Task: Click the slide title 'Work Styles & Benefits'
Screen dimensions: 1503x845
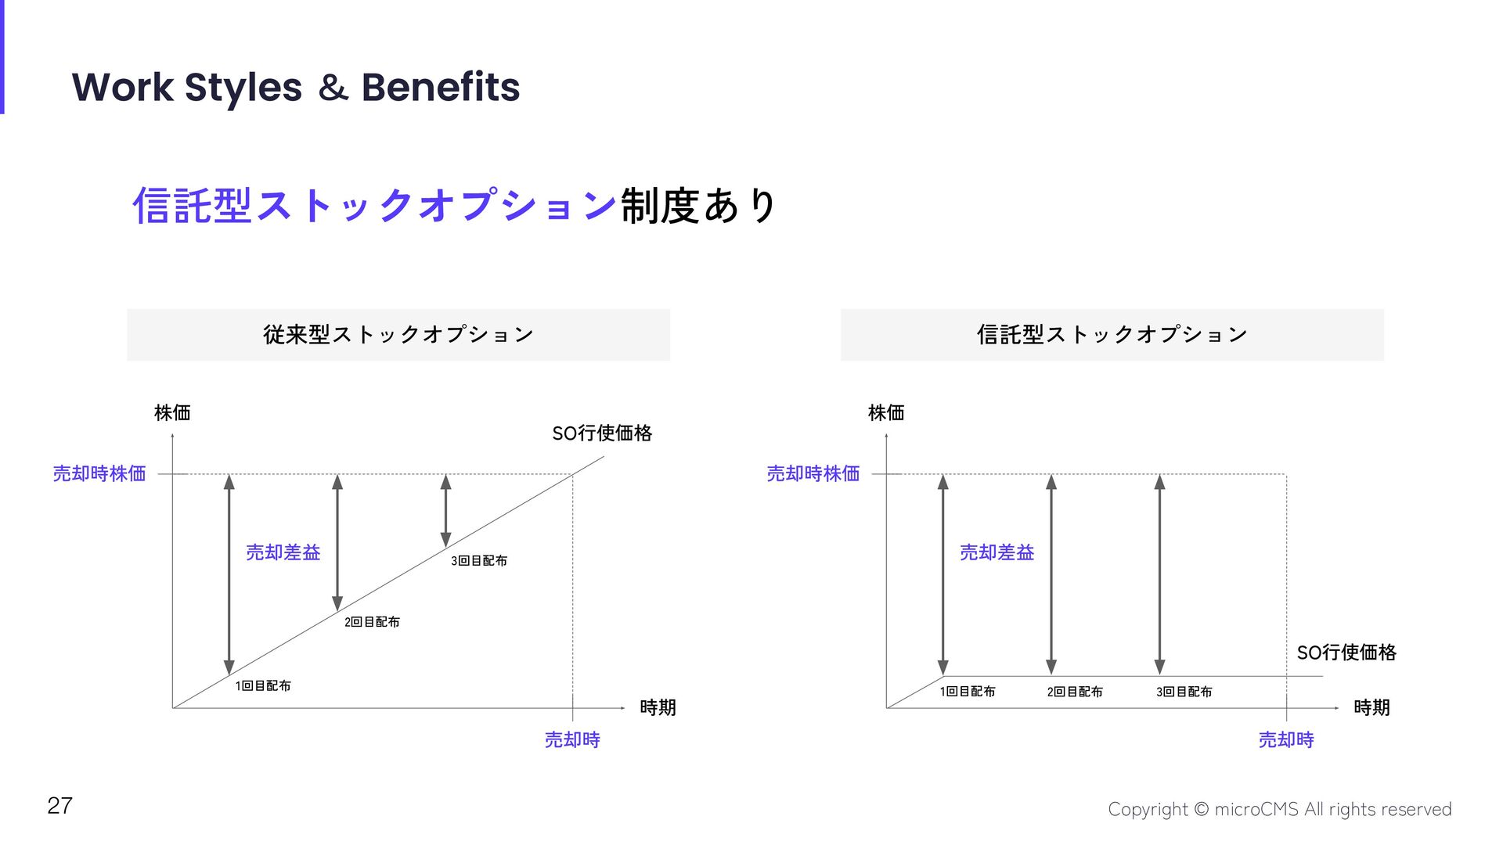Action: tap(296, 87)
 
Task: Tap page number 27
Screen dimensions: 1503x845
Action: tap(59, 805)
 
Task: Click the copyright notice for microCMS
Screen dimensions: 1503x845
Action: tap(1279, 809)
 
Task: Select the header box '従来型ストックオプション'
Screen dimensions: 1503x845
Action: tap(398, 335)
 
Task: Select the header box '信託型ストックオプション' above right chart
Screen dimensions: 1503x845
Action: tap(1112, 335)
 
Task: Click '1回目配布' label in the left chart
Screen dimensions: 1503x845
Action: tap(263, 686)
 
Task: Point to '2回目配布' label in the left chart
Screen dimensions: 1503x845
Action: tap(372, 622)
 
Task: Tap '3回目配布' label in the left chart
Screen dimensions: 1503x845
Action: tap(479, 561)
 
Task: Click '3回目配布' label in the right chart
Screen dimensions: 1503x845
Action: tap(1184, 692)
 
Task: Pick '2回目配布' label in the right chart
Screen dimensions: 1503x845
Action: tap(1075, 692)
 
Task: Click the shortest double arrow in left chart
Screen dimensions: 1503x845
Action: tap(445, 510)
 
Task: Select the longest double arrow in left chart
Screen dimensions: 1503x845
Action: tap(229, 574)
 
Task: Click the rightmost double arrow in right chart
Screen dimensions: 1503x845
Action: tap(1159, 574)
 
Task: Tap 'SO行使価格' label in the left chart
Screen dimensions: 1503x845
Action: tap(602, 433)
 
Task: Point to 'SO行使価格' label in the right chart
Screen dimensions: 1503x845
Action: tap(1346, 653)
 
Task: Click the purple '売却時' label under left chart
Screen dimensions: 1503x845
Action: tap(572, 739)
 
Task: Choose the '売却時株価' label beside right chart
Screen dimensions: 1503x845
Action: tap(813, 473)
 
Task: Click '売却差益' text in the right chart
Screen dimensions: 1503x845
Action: tap(997, 552)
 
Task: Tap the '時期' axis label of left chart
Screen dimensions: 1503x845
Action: tap(658, 707)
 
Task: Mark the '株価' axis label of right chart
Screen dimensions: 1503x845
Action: tap(886, 412)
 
